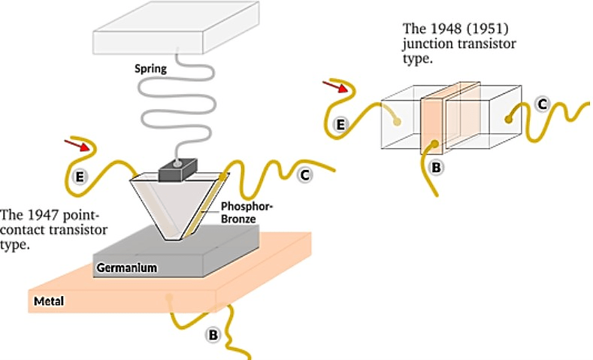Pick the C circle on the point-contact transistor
[304, 175]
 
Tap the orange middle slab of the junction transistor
[434, 124]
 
